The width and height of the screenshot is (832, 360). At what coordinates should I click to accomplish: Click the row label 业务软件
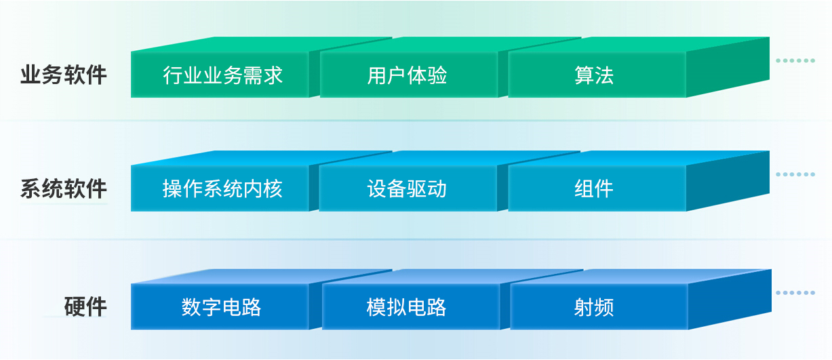point(64,75)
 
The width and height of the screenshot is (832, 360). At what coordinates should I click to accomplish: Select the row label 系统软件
point(64,188)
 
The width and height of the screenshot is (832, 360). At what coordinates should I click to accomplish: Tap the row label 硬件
point(85,307)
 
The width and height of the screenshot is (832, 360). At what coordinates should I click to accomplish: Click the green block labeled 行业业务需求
point(220,75)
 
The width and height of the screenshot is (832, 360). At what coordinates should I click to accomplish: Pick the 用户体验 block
point(409,75)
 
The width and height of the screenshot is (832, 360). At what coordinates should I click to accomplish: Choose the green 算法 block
point(597,75)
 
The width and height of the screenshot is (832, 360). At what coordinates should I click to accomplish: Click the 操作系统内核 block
point(220,188)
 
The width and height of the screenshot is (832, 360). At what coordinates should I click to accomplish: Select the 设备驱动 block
point(408,188)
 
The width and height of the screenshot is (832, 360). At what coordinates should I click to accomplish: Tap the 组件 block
point(597,188)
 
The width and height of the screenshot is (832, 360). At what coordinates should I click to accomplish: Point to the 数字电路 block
point(220,307)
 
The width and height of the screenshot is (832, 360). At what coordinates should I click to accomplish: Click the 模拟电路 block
point(411,307)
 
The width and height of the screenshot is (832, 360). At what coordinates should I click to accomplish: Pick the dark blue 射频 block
point(599,307)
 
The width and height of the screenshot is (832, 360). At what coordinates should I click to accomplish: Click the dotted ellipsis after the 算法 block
point(795,60)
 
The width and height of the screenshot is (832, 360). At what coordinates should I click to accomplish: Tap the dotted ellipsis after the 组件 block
point(795,174)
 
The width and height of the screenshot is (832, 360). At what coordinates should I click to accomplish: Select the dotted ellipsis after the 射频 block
point(795,293)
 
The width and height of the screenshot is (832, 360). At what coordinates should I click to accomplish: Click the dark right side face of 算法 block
point(728,67)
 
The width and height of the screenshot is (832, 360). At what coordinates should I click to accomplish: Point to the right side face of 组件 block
point(728,181)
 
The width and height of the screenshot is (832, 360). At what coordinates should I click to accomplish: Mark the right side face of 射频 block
point(730,300)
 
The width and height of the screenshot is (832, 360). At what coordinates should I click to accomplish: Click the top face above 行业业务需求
point(260,44)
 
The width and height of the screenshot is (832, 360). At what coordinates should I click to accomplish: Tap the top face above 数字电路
point(260,277)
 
